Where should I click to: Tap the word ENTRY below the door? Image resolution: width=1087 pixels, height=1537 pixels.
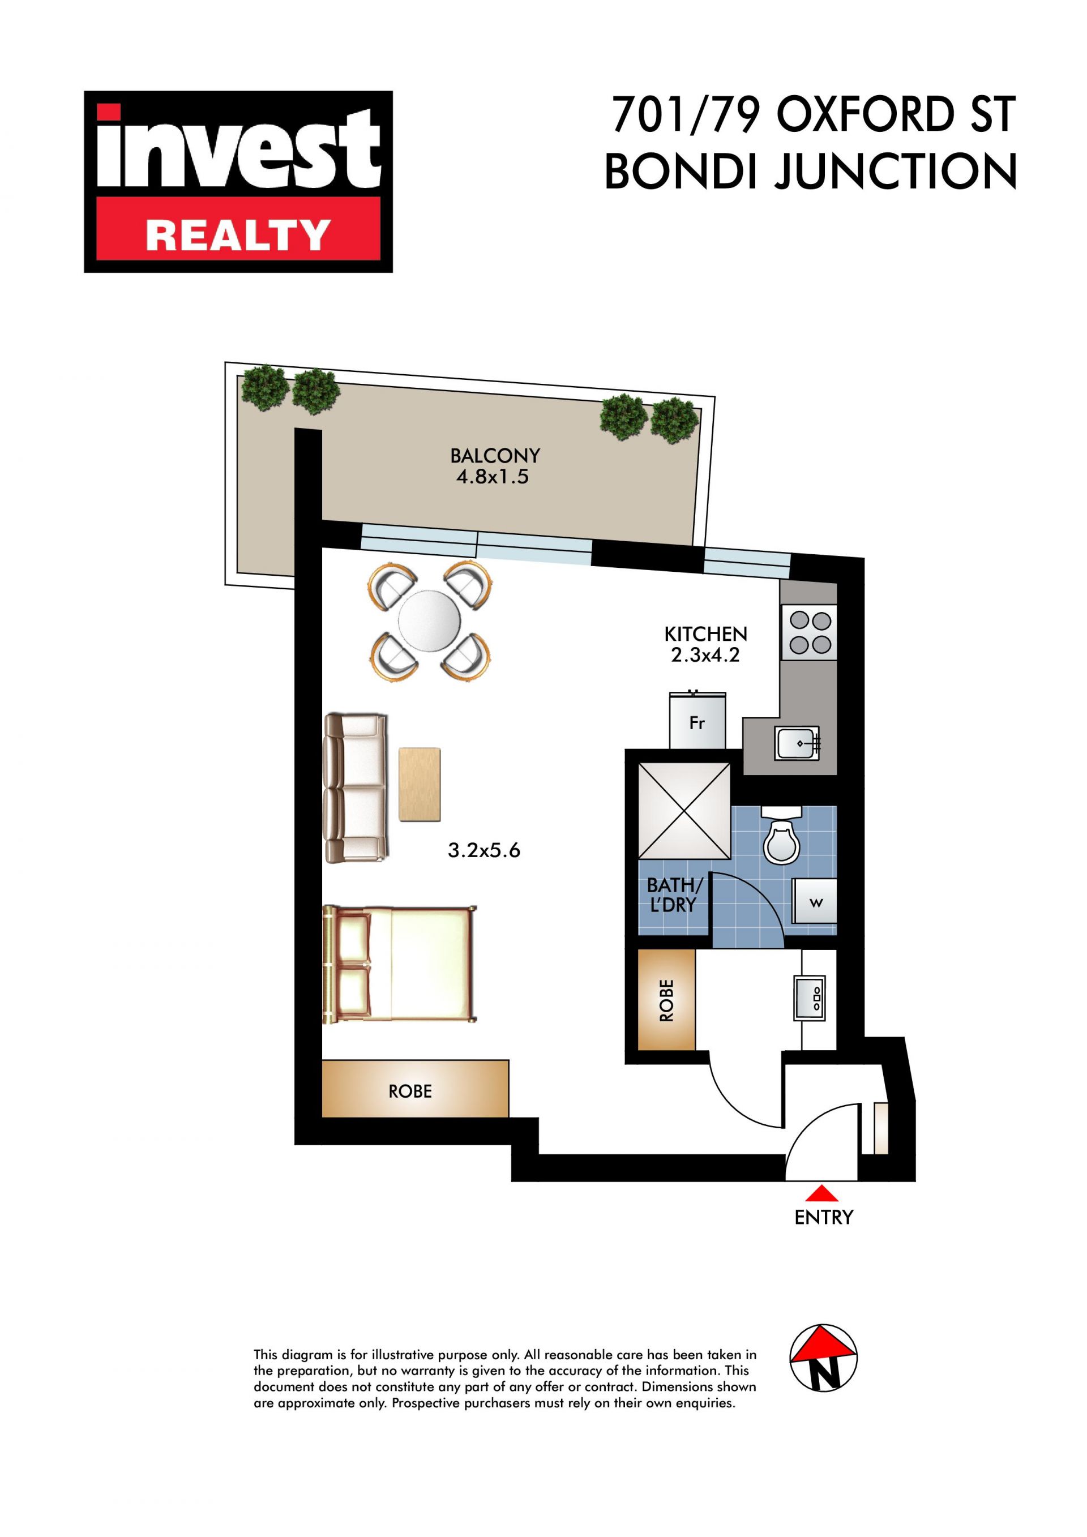tap(823, 1218)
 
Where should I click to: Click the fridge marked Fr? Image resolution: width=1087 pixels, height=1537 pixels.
tap(697, 720)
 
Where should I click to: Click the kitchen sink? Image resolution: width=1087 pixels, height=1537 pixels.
tap(797, 743)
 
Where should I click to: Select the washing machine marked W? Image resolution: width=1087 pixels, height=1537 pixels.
tap(815, 902)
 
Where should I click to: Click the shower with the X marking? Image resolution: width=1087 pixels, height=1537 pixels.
tap(684, 810)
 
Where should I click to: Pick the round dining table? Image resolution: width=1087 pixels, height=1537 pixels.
tap(429, 621)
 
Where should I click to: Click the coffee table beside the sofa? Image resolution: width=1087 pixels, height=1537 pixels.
tap(420, 784)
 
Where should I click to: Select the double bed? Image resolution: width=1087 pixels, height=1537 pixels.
tap(400, 965)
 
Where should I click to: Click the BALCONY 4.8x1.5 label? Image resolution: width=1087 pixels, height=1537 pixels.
tap(495, 466)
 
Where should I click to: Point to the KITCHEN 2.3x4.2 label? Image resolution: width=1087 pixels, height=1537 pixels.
tap(705, 644)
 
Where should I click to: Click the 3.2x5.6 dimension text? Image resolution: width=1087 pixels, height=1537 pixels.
tap(484, 851)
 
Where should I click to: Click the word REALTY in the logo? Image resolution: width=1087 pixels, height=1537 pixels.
tap(238, 236)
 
